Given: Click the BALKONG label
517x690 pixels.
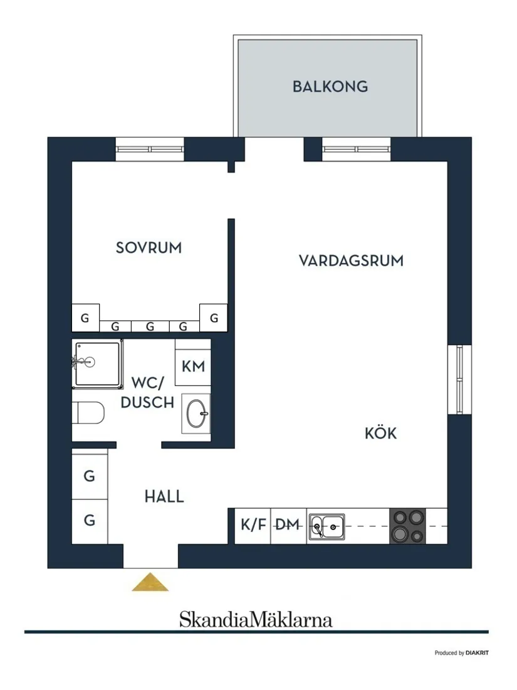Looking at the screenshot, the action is pos(330,87).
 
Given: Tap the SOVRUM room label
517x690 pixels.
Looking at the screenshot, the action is pos(149,247).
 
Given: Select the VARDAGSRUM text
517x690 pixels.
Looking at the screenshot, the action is pos(351,260).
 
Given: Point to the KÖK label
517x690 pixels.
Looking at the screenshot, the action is pos(381,433).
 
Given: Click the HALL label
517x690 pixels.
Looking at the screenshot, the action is pos(164,496).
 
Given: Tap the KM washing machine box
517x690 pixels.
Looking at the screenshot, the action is pos(193,366).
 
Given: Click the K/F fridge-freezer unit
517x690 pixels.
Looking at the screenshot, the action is pos(253,526).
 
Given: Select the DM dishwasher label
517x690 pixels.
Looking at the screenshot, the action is pos(288,524).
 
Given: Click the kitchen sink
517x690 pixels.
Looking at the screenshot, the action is pos(326,527).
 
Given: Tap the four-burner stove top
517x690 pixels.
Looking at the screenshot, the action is pos(408,526).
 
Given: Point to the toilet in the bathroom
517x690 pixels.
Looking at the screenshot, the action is pos(88,413).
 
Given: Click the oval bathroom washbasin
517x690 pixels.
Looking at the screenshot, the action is pos(197,413).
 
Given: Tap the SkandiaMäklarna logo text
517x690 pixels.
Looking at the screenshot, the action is pos(256,620).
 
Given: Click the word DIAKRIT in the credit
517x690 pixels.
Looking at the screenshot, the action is pos(477,653).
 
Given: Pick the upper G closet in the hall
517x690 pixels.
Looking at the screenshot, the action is pos(90,475).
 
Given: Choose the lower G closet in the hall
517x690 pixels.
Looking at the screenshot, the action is pos(90,521).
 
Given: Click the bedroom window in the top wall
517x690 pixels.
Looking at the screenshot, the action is pos(150,149).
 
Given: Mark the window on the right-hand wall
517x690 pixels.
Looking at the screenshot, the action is pos(459,379).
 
